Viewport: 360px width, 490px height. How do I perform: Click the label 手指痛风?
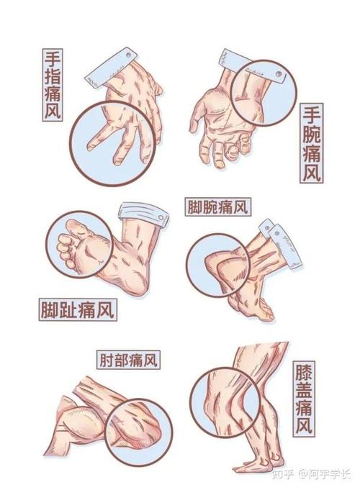click(x=51, y=85)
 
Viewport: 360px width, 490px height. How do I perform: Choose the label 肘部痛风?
click(x=128, y=358)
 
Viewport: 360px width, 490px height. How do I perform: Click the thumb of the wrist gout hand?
click(x=200, y=115)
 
